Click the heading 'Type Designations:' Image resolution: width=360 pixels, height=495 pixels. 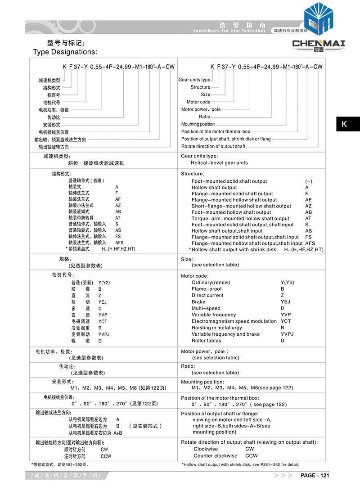coord(65,52)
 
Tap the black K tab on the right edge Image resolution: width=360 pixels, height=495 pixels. coord(345,124)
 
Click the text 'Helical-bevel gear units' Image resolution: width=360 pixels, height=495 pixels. coord(219,163)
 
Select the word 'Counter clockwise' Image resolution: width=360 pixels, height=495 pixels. coord(216,456)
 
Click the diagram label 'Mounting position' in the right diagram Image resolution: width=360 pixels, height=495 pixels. coord(198,124)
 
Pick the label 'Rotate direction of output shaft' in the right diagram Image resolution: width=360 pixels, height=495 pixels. coord(213,146)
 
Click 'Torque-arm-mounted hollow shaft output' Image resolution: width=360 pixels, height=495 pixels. coord(240,219)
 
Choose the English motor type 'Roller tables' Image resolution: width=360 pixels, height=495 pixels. coord(206,341)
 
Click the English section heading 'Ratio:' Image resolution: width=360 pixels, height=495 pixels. coord(188,366)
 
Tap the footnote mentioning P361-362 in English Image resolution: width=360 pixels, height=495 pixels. coord(240,464)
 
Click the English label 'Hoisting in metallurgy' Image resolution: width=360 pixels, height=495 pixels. coord(216,328)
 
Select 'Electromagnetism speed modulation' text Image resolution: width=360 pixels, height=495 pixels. coord(234,321)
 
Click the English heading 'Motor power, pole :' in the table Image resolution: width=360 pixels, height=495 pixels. coord(204,351)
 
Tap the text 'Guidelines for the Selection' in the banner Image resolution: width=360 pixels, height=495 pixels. coord(229,31)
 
